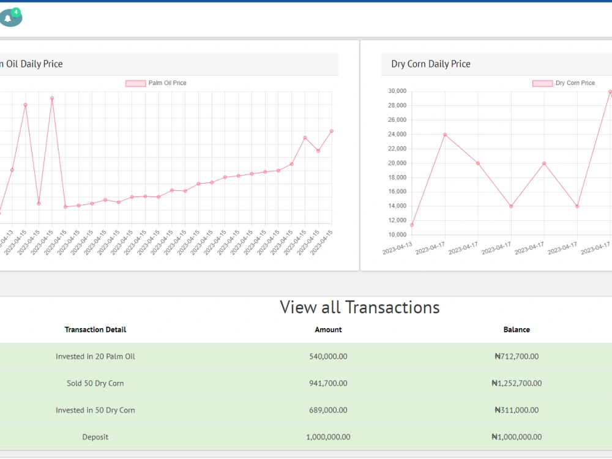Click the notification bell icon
(8, 18)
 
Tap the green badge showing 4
(16, 12)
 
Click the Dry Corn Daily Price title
(430, 64)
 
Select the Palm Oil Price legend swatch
(135, 83)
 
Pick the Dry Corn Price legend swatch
(542, 83)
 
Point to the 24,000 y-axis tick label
(397, 134)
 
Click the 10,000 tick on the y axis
(397, 234)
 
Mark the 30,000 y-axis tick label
(397, 91)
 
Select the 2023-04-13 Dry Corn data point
(412, 225)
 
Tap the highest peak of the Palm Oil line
(52, 99)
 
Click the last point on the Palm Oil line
(332, 131)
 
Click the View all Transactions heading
(359, 308)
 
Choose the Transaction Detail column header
(95, 330)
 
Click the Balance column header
(517, 330)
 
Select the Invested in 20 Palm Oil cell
(95, 356)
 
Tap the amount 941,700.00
(328, 383)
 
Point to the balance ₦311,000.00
(517, 410)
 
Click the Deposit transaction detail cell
(95, 437)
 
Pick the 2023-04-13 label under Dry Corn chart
(397, 248)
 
